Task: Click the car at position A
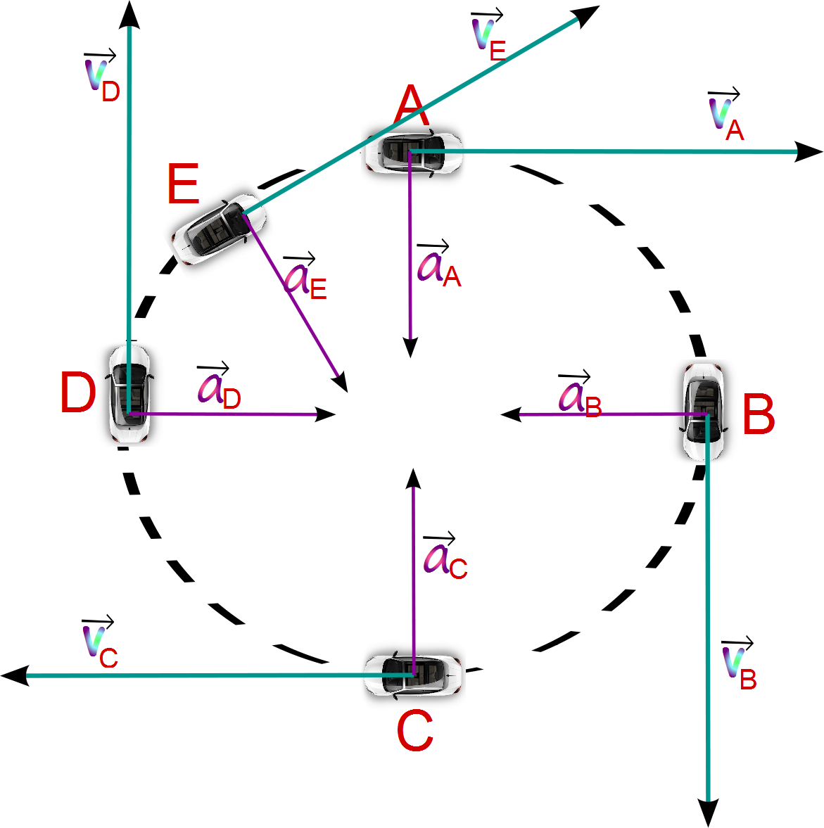[x=413, y=151]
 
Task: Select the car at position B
[x=704, y=412]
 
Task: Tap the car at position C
[x=413, y=675]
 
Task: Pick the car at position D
[x=129, y=394]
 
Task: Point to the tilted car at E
[x=218, y=229]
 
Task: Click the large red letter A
[x=410, y=107]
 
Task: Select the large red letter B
[x=759, y=415]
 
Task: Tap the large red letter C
[x=414, y=732]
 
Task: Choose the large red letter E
[x=183, y=184]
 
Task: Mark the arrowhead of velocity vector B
[x=708, y=813]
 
